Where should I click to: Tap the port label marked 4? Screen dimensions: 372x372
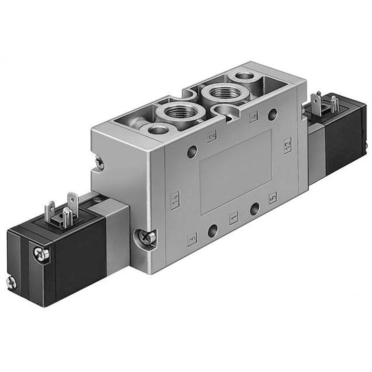tap(254, 118)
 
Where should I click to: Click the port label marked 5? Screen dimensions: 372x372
tap(273, 196)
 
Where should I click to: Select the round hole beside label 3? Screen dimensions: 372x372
tap(212, 231)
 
